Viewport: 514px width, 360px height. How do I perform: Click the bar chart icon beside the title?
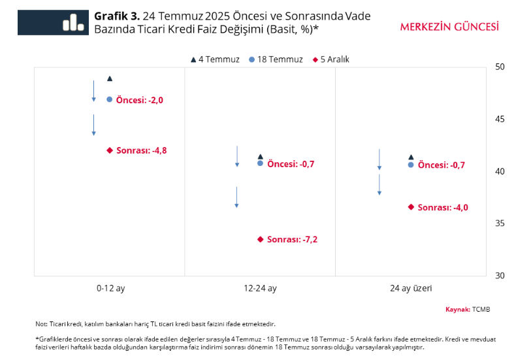[72, 22]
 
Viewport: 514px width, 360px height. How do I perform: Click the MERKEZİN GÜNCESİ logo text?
[449, 27]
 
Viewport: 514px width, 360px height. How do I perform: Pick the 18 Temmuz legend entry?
[276, 59]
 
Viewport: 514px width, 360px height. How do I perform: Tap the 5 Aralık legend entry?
[331, 59]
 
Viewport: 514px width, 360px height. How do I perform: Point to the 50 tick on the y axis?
[500, 67]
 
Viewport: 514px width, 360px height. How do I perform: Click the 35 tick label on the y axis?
[500, 223]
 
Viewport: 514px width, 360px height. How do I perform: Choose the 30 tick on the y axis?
[500, 276]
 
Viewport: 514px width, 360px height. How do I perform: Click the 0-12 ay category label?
[110, 288]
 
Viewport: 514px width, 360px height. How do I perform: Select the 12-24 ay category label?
[260, 288]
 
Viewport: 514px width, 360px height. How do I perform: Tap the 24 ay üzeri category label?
[411, 288]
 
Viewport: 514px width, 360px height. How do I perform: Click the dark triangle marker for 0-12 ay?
[110, 78]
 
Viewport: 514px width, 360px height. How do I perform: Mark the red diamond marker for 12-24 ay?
[261, 239]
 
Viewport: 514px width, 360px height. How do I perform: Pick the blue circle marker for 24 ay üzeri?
[411, 165]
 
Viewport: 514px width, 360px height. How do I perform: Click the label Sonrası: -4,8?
[141, 150]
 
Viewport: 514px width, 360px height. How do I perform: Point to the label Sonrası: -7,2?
[292, 240]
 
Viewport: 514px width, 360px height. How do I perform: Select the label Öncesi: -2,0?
[139, 100]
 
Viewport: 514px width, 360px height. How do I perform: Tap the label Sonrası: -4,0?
[443, 208]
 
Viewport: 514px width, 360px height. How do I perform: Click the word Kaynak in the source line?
[457, 309]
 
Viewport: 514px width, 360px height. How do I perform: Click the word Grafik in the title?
[109, 16]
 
